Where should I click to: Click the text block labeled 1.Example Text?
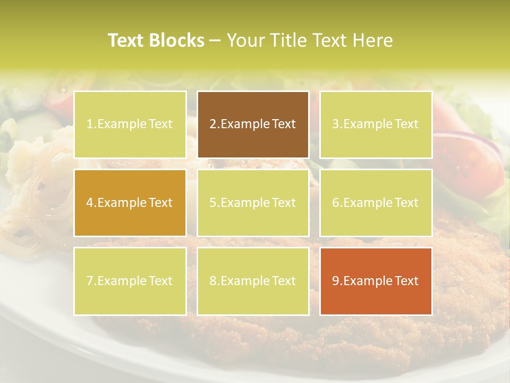click(x=130, y=124)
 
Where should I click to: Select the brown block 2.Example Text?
click(x=253, y=124)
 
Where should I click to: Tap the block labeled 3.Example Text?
click(x=376, y=124)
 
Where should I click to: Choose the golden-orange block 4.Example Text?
click(x=130, y=203)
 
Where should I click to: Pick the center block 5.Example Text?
click(x=253, y=203)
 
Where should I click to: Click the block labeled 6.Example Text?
click(x=376, y=203)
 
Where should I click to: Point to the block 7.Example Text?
click(x=130, y=281)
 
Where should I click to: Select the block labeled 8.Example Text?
click(x=253, y=281)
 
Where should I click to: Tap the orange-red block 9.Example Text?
click(x=376, y=281)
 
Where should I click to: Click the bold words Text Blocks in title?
click(x=156, y=40)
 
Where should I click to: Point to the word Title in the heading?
click(x=287, y=40)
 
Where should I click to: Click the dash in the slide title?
click(x=215, y=41)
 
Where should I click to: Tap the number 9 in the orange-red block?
click(x=336, y=281)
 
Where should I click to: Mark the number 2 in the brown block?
click(x=213, y=124)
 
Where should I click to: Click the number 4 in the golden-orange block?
click(x=90, y=203)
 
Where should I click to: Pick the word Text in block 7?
click(x=160, y=281)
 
